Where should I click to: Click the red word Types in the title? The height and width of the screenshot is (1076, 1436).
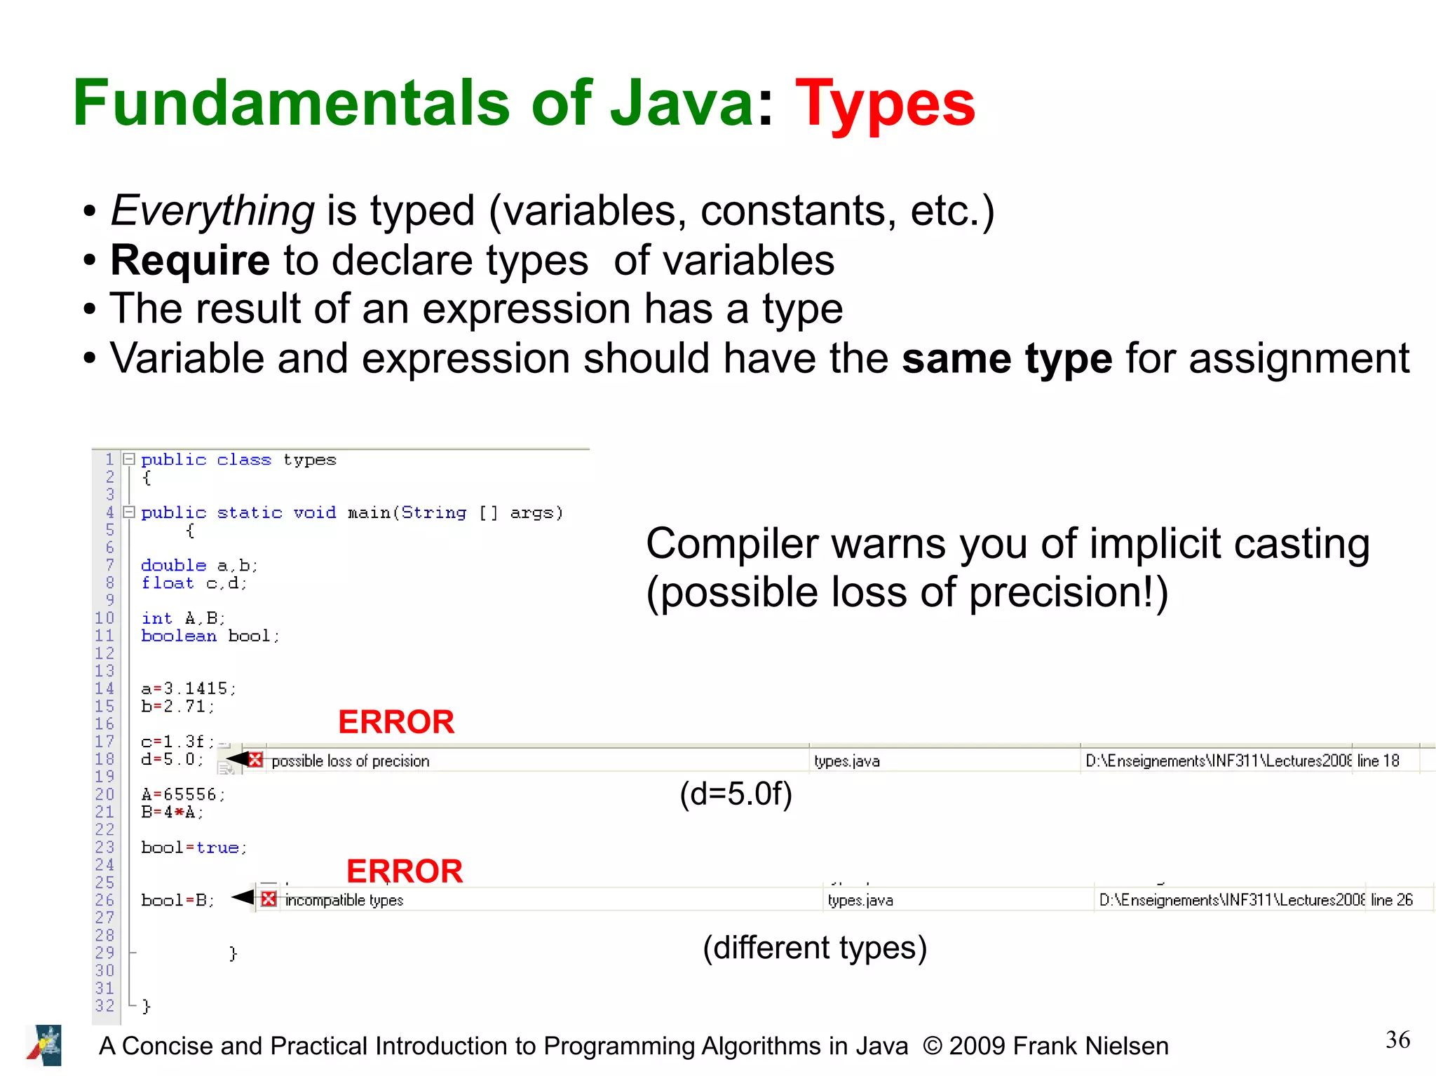[884, 104]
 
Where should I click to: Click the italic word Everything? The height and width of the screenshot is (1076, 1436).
[212, 210]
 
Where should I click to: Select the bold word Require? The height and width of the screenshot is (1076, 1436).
[190, 260]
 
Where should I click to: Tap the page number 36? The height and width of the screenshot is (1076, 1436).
[1397, 1040]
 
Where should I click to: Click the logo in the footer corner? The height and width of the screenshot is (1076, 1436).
[45, 1045]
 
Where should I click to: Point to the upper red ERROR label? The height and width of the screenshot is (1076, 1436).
[396, 722]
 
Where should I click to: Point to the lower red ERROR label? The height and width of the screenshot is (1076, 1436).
[405, 871]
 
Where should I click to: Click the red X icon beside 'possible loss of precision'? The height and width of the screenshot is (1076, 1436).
[255, 760]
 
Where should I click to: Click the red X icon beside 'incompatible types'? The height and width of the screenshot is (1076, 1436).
[269, 899]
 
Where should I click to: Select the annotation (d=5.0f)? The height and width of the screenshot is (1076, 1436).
[736, 794]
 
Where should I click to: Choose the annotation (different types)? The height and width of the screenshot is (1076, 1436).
[815, 948]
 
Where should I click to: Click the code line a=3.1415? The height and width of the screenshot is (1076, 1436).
[189, 688]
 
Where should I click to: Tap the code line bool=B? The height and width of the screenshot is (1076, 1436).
[177, 900]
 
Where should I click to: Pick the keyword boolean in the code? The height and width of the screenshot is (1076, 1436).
[179, 636]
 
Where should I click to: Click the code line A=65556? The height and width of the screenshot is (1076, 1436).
[183, 794]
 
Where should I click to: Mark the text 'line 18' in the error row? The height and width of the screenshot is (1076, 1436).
[1378, 761]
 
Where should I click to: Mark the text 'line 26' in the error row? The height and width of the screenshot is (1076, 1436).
[1392, 900]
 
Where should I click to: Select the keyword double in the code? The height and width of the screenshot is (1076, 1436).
[174, 565]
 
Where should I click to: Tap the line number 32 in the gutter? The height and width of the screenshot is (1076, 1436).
[104, 1005]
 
